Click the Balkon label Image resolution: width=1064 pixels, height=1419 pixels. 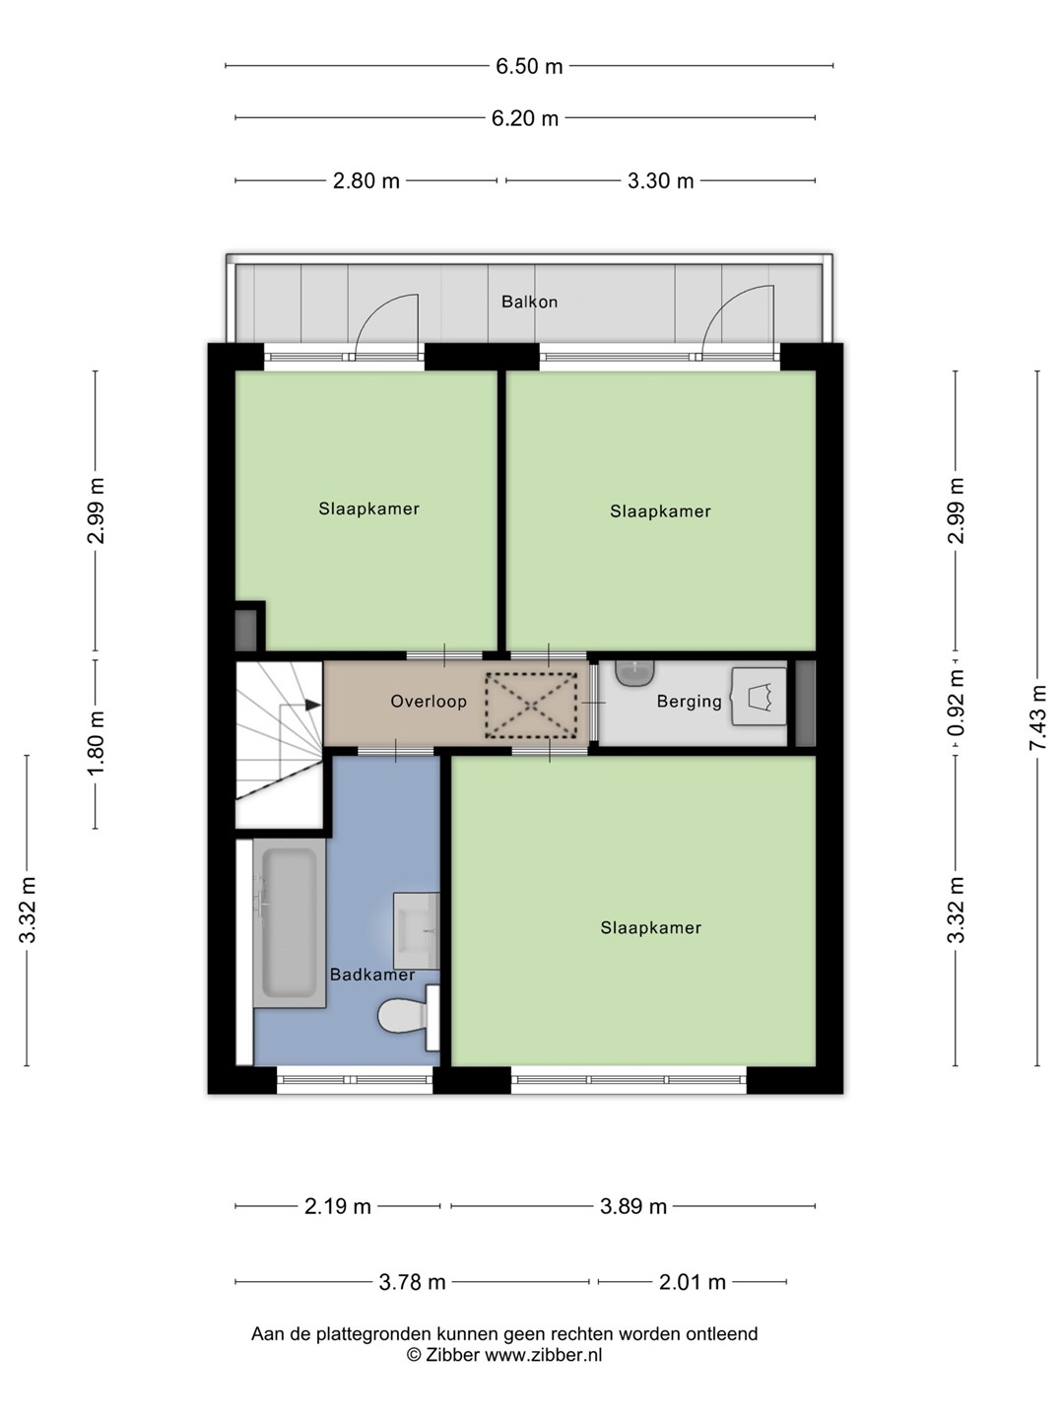[x=529, y=302]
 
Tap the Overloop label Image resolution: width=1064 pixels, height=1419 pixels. [x=429, y=702]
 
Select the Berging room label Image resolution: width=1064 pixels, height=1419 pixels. [x=690, y=702]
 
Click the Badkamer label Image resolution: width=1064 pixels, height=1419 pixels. [x=372, y=975]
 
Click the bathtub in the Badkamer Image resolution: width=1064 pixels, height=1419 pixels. [x=290, y=922]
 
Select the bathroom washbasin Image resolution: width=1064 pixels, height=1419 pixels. [x=417, y=931]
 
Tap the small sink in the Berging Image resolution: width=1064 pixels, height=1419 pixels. [x=635, y=672]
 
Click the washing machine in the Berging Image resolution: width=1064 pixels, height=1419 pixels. [x=759, y=697]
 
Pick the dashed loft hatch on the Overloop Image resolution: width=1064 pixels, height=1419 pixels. [x=530, y=706]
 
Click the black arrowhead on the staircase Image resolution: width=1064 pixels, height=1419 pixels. [x=313, y=705]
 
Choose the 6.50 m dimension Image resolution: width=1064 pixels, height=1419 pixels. [x=529, y=66]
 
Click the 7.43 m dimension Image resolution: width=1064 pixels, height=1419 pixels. [x=1037, y=717]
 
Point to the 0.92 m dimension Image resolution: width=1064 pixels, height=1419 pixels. [x=956, y=703]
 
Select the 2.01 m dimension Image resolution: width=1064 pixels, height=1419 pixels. [x=692, y=1281]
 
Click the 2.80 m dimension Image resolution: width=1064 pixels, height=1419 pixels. [x=366, y=181]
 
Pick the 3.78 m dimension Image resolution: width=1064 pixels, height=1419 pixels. [x=412, y=1281]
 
